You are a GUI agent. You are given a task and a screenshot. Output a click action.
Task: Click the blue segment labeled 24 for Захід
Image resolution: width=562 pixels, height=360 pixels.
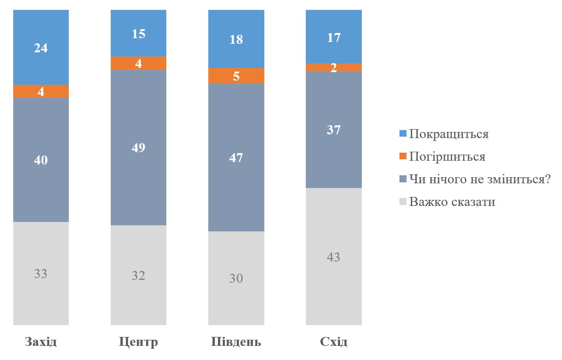(x=41, y=47)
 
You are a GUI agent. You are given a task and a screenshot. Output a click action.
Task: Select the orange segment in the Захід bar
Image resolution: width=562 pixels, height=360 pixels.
(x=41, y=91)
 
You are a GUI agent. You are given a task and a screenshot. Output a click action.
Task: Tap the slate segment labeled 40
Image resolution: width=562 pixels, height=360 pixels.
(x=41, y=160)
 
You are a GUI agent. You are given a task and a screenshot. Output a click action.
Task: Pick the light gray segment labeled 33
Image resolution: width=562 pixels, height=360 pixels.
(x=41, y=273)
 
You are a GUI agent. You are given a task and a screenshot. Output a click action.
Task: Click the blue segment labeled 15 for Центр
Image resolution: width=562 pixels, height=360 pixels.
(x=138, y=33)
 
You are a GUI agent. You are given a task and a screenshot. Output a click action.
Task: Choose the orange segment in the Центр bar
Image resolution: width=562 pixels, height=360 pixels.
(x=138, y=63)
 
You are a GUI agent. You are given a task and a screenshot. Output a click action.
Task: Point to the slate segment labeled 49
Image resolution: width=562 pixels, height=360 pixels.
(x=138, y=147)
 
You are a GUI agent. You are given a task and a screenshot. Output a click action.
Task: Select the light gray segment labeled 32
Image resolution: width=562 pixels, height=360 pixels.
(x=138, y=275)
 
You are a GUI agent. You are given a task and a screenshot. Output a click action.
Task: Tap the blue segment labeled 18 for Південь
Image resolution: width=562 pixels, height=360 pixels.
(x=236, y=39)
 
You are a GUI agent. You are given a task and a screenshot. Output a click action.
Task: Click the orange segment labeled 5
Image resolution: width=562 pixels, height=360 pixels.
(x=236, y=75)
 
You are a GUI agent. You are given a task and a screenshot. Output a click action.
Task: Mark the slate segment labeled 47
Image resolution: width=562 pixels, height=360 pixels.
(x=236, y=157)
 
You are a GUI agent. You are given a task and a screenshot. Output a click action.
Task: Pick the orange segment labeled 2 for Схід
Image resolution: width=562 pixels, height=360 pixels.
(x=334, y=67)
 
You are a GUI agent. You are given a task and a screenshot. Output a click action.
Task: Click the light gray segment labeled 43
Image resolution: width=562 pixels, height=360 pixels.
(x=334, y=257)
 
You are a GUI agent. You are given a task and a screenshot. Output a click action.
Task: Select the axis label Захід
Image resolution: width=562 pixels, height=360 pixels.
(x=41, y=342)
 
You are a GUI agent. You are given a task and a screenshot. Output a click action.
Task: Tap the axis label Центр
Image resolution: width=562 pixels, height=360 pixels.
(x=138, y=342)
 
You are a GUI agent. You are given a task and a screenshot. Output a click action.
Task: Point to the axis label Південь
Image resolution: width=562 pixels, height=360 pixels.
(x=236, y=342)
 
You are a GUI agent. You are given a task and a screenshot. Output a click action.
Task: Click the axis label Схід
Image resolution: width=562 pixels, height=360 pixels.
(x=334, y=342)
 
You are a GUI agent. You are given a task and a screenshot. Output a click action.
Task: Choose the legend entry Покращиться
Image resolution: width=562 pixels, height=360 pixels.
(x=448, y=134)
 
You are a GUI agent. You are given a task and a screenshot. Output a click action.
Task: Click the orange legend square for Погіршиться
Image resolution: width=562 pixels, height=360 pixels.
(x=402, y=156)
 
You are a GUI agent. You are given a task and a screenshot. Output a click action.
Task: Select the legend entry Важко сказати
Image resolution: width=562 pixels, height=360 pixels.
(x=452, y=202)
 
